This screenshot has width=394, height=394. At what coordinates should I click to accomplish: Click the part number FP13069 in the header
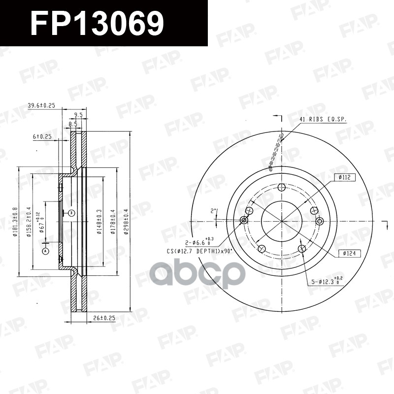(97, 23)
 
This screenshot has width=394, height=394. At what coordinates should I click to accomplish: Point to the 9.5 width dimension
(78, 115)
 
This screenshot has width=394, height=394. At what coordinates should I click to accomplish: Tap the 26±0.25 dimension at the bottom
(104, 319)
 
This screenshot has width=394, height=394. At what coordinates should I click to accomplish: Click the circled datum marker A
(46, 251)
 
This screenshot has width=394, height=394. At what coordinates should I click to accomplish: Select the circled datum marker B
(71, 213)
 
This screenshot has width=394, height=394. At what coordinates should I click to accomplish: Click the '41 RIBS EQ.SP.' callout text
(323, 120)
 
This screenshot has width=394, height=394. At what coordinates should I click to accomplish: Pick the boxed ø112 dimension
(344, 177)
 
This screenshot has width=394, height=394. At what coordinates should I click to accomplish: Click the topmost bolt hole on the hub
(281, 188)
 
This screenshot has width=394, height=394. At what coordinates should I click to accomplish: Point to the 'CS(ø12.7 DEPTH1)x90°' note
(199, 251)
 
